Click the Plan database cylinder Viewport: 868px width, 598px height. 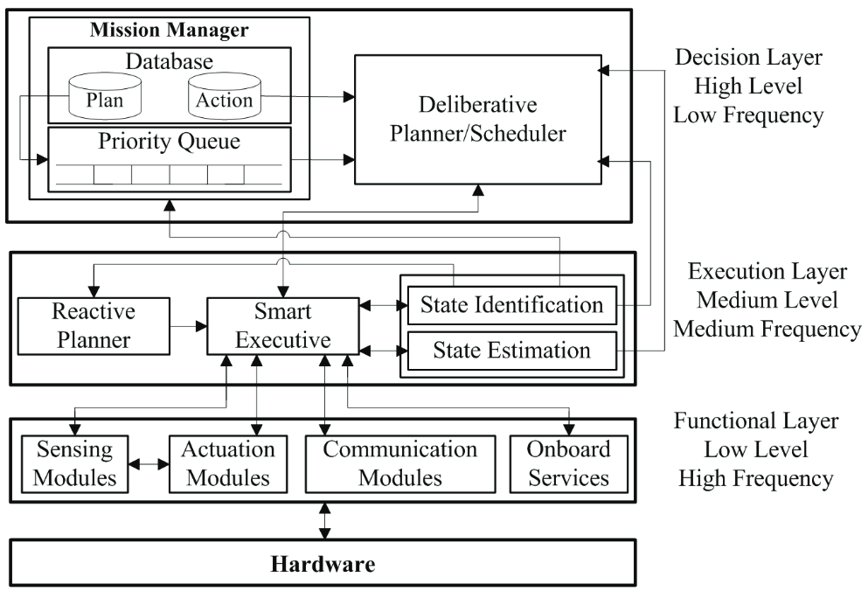[105, 97]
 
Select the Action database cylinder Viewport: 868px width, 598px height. [224, 97]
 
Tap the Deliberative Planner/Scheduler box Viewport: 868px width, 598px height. [478, 119]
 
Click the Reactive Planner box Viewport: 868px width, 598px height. [94, 326]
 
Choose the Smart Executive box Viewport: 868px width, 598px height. [283, 326]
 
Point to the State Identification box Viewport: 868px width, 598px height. [512, 305]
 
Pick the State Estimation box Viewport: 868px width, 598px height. [512, 351]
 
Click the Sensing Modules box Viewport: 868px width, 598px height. [74, 464]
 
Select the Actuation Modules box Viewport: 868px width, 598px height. [228, 464]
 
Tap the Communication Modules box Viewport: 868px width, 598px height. [400, 464]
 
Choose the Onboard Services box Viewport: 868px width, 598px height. [568, 464]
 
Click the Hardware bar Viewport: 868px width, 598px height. [323, 562]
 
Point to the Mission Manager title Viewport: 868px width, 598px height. [169, 30]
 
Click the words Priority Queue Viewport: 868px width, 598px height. [169, 142]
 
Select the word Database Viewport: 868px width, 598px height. [169, 61]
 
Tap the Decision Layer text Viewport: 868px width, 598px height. [748, 57]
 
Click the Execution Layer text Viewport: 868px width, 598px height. [767, 271]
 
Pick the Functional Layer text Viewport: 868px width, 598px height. [755, 421]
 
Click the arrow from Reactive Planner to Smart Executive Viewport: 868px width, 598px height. [188, 326]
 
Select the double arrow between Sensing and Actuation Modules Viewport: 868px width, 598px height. [149, 464]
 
